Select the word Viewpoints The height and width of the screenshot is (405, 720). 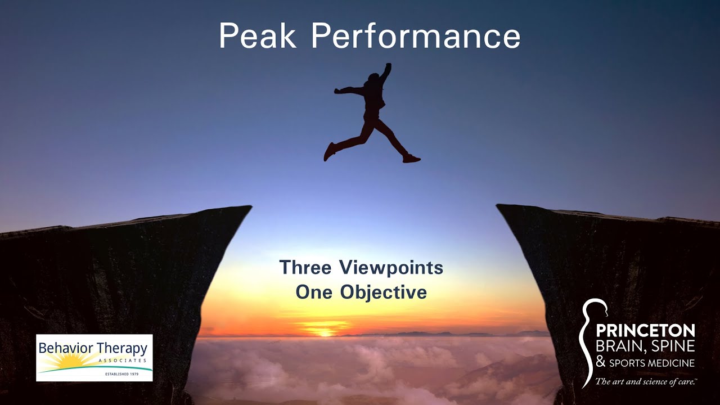pos(391,268)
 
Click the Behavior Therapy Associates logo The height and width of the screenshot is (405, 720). pos(94,358)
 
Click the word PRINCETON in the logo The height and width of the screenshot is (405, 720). pos(645,330)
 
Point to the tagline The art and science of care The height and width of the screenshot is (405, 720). pos(646,382)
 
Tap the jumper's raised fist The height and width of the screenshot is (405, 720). pos(387,66)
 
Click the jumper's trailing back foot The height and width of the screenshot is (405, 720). pos(329,151)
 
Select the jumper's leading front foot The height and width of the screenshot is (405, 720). pos(412,159)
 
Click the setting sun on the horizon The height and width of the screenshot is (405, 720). pos(325,332)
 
